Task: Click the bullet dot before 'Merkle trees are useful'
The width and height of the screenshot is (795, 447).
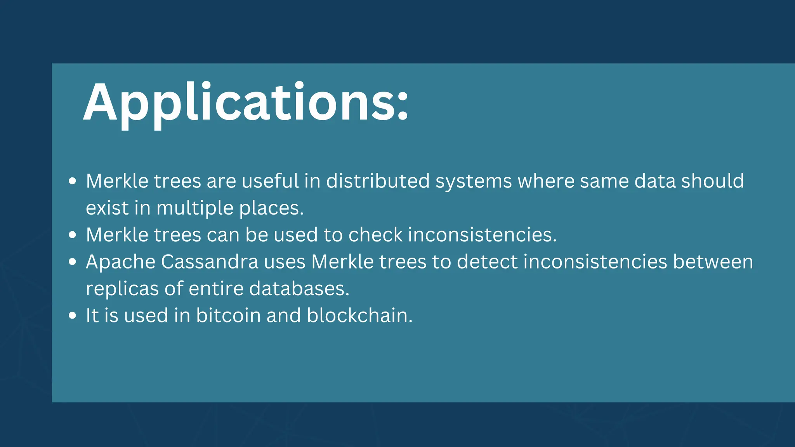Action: (72, 181)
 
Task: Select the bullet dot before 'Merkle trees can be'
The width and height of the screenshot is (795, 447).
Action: (72, 235)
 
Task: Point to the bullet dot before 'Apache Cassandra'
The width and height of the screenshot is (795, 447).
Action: (72, 262)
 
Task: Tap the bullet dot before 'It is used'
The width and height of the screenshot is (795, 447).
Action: (72, 315)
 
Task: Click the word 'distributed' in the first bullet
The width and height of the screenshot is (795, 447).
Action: (378, 181)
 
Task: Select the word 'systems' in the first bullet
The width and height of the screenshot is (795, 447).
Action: (473, 182)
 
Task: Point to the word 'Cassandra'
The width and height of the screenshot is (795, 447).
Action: (210, 262)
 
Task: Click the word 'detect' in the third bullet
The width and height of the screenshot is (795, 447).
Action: (487, 262)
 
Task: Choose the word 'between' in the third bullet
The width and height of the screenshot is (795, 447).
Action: (713, 262)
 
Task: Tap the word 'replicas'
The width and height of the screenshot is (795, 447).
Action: (122, 289)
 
